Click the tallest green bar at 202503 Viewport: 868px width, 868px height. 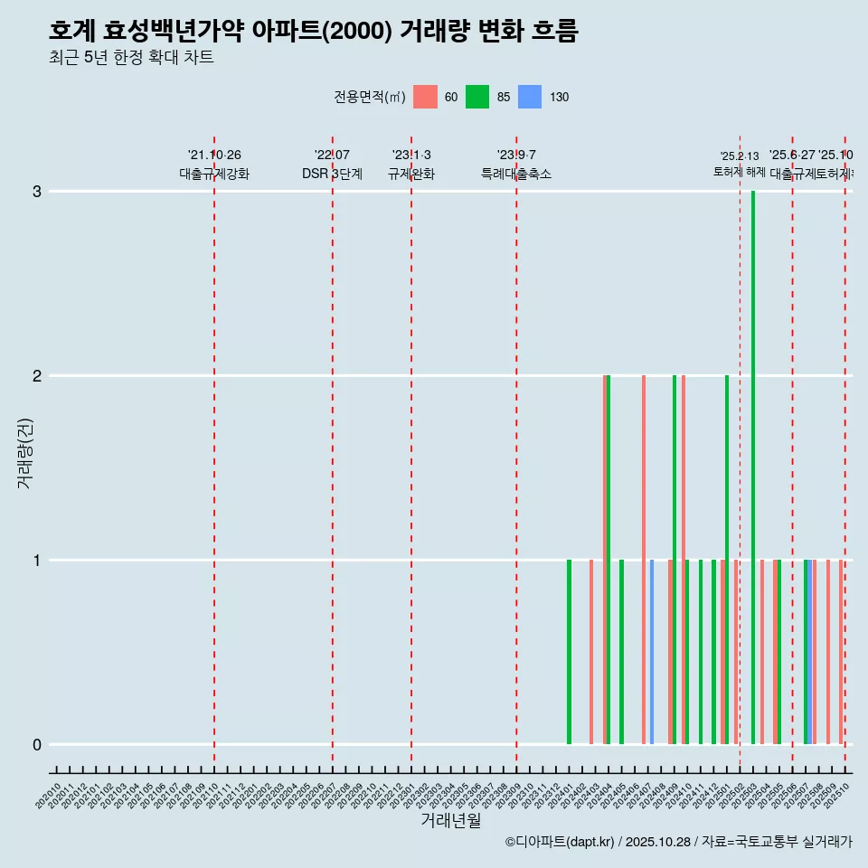[x=753, y=467]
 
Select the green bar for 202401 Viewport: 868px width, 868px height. [x=569, y=652]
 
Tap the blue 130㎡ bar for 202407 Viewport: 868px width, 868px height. [x=652, y=652]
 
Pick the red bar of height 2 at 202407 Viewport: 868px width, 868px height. [x=644, y=560]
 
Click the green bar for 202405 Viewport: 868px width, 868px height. [x=621, y=652]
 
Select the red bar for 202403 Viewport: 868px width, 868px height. [x=591, y=652]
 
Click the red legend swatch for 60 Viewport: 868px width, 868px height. [x=425, y=97]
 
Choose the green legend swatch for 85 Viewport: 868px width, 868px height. [x=477, y=97]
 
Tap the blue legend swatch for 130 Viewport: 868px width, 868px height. [x=530, y=97]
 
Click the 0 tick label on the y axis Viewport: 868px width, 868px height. [x=37, y=745]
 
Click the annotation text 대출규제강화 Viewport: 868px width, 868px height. [x=214, y=174]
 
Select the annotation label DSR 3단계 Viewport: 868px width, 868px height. [x=333, y=174]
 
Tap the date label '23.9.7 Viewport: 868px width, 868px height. [x=516, y=156]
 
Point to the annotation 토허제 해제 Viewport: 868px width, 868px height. [x=740, y=172]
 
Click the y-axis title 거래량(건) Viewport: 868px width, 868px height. [x=24, y=453]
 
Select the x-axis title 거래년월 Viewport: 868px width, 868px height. [x=450, y=820]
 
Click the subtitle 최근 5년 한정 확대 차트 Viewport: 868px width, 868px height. [x=131, y=58]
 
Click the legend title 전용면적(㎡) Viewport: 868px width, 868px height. [x=370, y=97]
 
